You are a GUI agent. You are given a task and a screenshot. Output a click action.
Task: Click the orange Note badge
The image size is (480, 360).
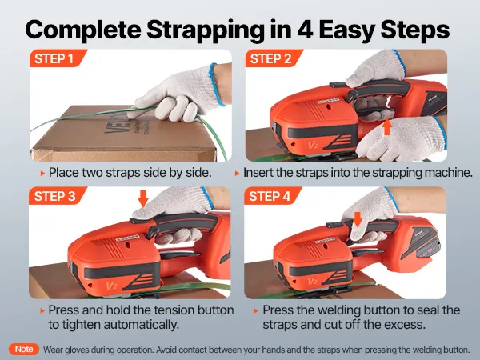24,349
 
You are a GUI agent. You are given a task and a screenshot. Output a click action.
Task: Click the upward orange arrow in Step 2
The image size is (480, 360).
387,127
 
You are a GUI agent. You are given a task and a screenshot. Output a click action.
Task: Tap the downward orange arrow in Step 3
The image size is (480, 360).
143,198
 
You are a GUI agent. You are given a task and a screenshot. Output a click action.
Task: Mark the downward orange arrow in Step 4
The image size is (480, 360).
358,219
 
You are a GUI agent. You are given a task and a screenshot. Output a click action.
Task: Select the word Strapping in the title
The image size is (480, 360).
205,31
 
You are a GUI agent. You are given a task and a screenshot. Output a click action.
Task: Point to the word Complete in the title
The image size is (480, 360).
83,30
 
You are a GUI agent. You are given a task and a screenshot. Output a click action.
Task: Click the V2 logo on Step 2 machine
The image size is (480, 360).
312,145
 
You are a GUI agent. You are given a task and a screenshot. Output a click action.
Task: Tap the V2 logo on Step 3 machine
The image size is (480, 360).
111,286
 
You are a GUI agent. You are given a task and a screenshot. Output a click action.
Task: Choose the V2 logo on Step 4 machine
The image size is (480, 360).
312,281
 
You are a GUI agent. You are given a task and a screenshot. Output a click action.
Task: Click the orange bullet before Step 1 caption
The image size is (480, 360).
42,174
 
